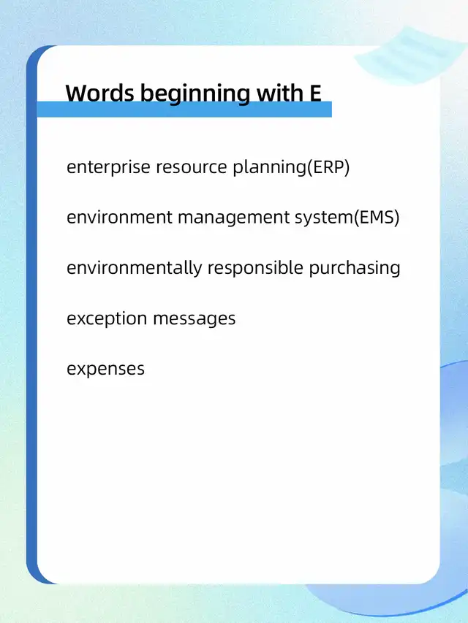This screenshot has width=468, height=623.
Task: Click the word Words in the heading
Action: (x=100, y=93)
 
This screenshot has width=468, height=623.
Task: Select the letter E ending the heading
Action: (x=314, y=93)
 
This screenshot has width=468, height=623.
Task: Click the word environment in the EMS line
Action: (x=119, y=218)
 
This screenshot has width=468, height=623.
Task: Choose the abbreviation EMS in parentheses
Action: (x=377, y=218)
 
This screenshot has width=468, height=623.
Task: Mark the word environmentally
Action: (x=134, y=268)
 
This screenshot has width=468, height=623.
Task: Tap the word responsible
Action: (x=255, y=268)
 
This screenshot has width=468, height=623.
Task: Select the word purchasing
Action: (x=355, y=268)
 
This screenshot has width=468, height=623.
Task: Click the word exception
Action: (x=107, y=319)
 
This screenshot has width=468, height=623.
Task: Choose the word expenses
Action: (x=105, y=370)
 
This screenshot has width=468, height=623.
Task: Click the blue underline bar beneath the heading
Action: (x=184, y=110)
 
